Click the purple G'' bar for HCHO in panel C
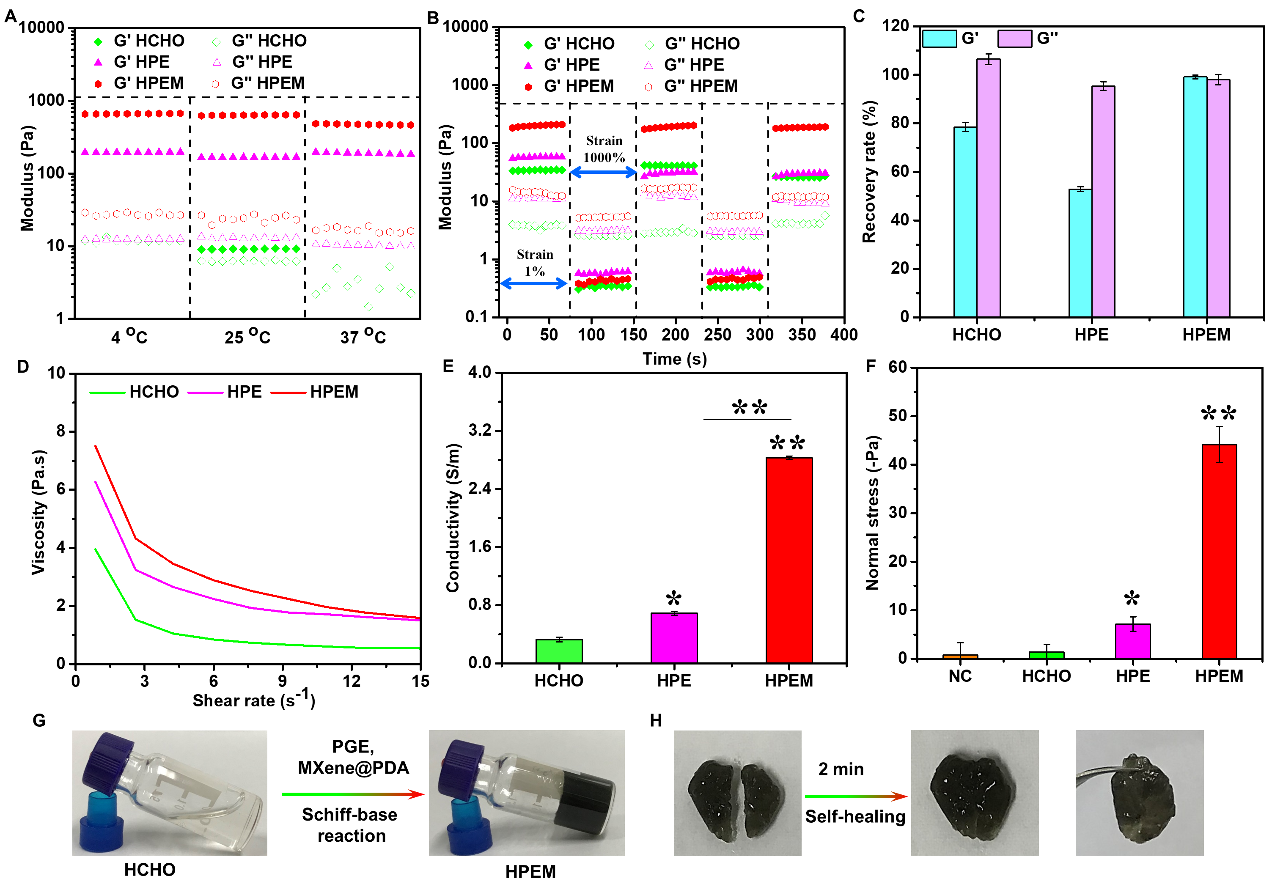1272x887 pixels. click(x=988, y=188)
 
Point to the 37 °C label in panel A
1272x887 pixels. click(x=363, y=336)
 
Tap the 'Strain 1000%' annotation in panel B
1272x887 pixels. click(x=604, y=149)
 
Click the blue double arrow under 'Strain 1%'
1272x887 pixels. click(x=533, y=284)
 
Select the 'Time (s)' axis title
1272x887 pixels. click(x=674, y=359)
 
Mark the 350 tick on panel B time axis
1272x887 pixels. click(x=802, y=335)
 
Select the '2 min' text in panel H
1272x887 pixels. click(x=841, y=769)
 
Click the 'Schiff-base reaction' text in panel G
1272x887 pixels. click(x=350, y=825)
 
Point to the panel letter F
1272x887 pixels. click(x=870, y=366)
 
